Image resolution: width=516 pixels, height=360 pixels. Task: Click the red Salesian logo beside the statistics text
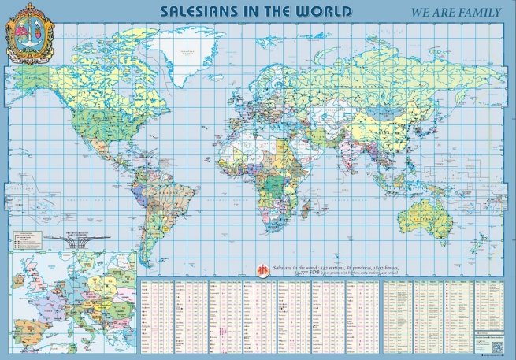[x=261, y=269]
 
